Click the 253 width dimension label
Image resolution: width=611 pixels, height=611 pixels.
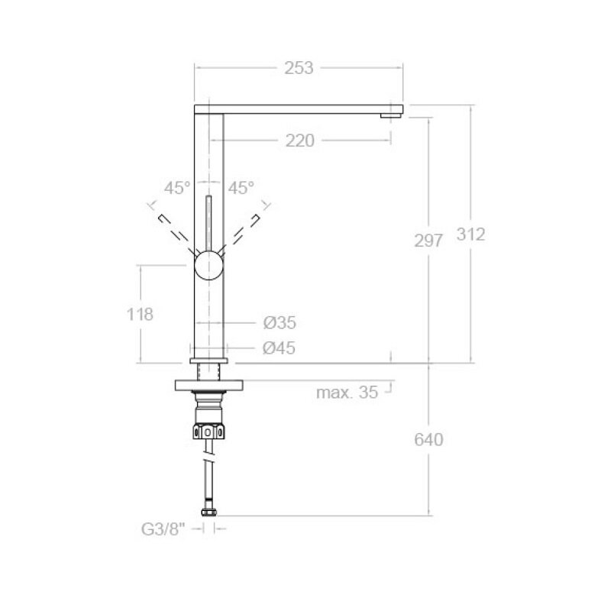coord(299,68)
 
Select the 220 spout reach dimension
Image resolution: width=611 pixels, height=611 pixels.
coord(299,141)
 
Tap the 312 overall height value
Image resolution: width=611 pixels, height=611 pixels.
coord(470,234)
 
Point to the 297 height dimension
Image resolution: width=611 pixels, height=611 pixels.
coord(428,241)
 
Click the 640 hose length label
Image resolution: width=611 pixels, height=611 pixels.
coord(428,440)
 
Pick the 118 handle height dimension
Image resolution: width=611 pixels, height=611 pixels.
coord(140,315)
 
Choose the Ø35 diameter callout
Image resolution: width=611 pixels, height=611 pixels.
coord(280,322)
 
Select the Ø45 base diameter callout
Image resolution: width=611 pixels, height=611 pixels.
coord(279,348)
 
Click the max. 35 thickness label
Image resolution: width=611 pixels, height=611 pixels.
coord(347,393)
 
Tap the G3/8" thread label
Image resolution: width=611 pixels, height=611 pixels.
coord(163,529)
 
